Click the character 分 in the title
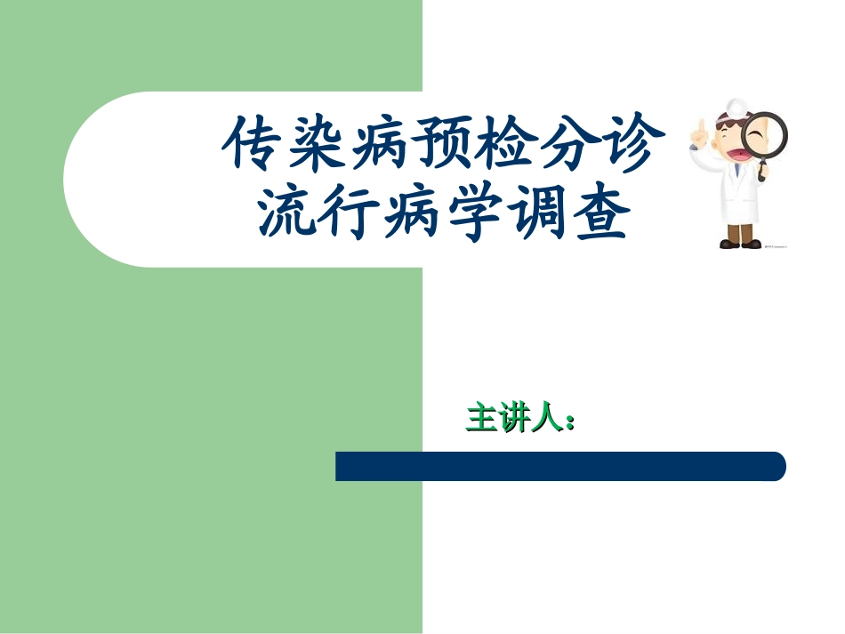[x=572, y=145]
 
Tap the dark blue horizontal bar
[x=560, y=466]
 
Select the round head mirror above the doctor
[x=736, y=105]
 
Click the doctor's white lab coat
[x=738, y=200]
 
